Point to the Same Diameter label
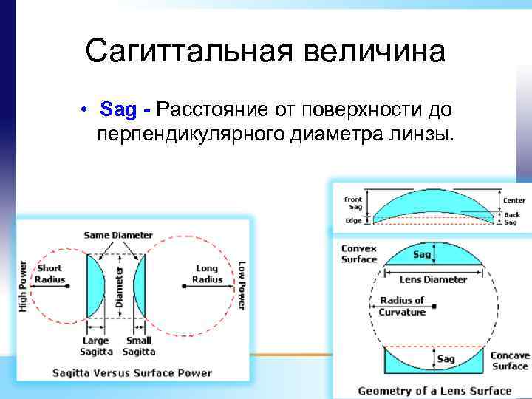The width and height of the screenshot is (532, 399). [118, 235]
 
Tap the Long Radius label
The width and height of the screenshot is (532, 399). [207, 273]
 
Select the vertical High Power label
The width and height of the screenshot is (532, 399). [23, 284]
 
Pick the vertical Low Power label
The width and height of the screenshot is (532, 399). [242, 284]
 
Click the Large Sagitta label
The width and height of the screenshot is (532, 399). [95, 345]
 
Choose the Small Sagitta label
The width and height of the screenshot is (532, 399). [138, 345]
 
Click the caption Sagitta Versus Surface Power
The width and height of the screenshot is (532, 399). [132, 372]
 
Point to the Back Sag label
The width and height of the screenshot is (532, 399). [512, 218]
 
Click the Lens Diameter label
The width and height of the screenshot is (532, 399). [433, 279]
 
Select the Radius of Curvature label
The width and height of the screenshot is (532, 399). [403, 306]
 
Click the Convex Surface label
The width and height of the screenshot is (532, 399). [359, 253]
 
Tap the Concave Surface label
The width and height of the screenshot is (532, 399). [510, 361]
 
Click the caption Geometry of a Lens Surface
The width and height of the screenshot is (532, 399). [434, 389]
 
